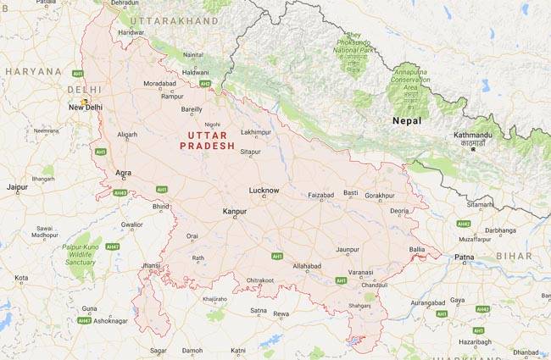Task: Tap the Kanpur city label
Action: [x=234, y=211]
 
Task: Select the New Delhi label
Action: [x=86, y=108]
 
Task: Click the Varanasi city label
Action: [x=360, y=272]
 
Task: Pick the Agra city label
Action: [x=124, y=173]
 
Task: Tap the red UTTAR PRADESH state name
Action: [x=208, y=140]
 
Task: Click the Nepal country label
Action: [x=407, y=121]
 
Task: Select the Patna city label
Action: [x=464, y=257]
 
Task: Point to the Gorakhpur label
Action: [x=380, y=195]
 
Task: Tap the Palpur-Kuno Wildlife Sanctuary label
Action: [x=81, y=255]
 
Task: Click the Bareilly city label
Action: [x=192, y=109]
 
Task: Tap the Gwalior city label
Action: [x=131, y=224]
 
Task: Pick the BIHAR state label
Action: [x=514, y=255]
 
